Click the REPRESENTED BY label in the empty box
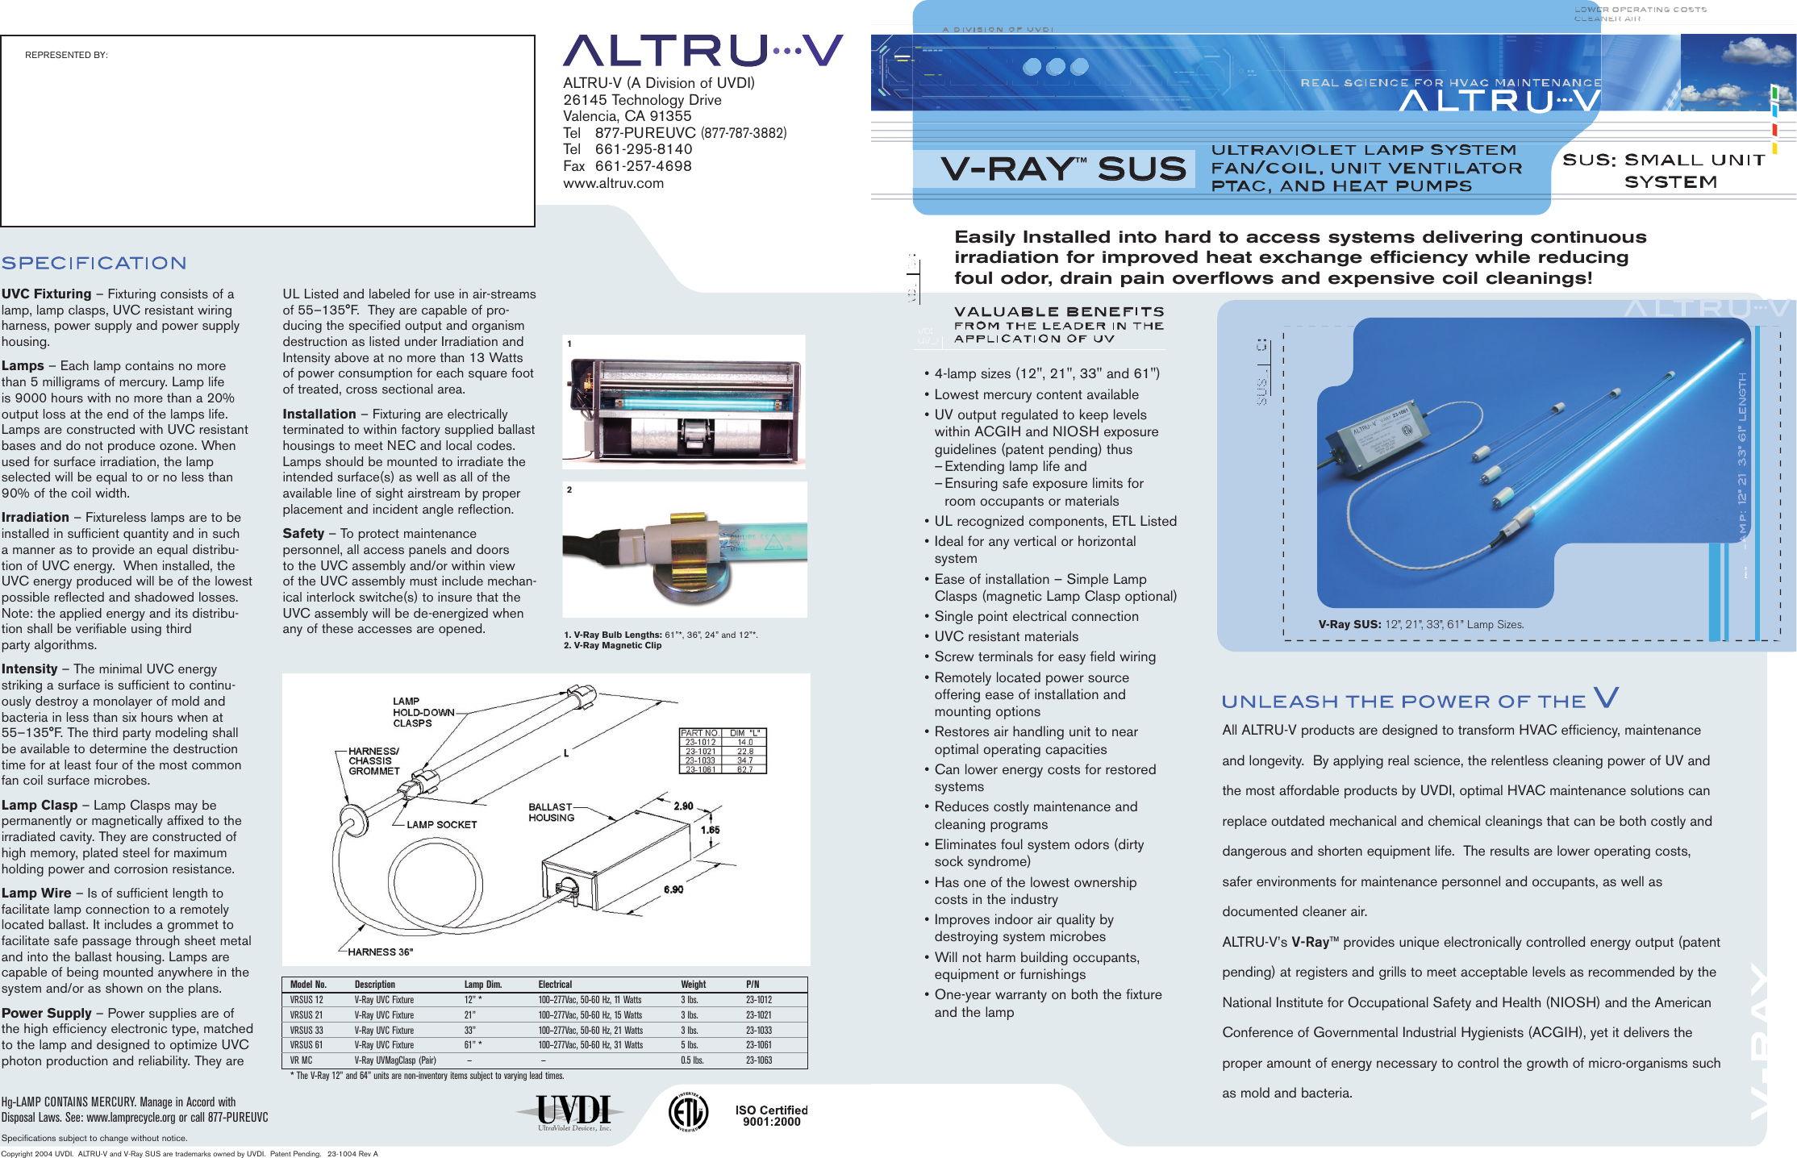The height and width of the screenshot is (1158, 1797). click(66, 55)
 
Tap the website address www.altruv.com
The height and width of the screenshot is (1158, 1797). click(613, 183)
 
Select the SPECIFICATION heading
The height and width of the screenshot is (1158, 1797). click(94, 263)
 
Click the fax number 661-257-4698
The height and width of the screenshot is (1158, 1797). click(643, 166)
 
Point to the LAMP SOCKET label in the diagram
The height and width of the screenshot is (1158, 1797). click(441, 824)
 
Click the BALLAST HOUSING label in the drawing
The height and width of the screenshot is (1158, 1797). click(551, 812)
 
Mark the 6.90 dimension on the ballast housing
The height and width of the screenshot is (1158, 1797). click(673, 889)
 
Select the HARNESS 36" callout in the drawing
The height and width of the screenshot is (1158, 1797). click(380, 952)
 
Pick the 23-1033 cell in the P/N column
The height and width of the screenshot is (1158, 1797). click(758, 1030)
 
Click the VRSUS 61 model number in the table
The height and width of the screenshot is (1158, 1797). click(306, 1045)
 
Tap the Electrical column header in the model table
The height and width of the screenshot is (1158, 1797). click(555, 985)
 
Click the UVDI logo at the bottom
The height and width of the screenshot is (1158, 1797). click(573, 1112)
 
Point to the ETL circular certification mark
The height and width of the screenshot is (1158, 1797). click(688, 1112)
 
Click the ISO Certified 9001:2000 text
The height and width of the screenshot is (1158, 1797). click(771, 1115)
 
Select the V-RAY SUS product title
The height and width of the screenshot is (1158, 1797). click(1063, 169)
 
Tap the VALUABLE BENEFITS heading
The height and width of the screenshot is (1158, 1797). click(1058, 312)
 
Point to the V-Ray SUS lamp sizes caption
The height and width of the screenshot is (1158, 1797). click(1420, 624)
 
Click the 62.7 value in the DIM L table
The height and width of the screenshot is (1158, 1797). click(744, 769)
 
